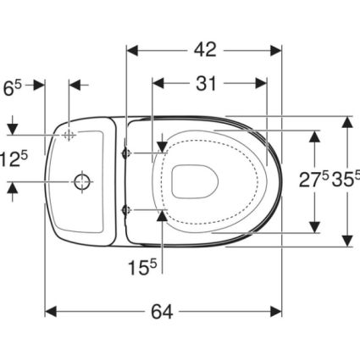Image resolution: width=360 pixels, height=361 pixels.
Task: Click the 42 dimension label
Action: coord(205,50)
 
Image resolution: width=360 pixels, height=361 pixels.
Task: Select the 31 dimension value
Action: coord(206,83)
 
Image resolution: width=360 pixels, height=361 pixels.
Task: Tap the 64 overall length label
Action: coord(162,312)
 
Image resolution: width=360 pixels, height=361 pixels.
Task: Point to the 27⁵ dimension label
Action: coord(313,180)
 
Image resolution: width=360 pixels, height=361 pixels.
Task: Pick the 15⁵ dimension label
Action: coord(142,267)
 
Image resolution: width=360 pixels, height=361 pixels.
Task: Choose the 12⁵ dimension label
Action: coord(14,158)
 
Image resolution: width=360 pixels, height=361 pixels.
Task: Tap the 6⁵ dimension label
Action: coord(12,88)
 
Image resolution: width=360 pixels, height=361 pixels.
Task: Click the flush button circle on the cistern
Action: coord(82,182)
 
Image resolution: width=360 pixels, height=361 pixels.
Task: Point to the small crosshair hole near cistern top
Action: coord(68,135)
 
